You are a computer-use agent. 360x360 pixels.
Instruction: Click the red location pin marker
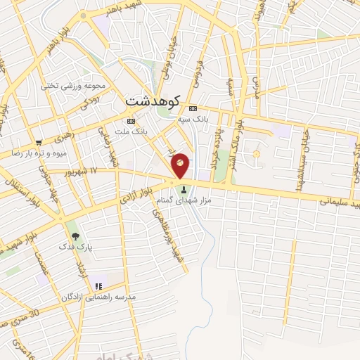[180, 164]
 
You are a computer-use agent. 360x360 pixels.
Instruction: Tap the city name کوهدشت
[153, 101]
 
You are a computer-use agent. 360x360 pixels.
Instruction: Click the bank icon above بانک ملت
[130, 120]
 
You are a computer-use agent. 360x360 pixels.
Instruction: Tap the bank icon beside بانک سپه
[193, 108]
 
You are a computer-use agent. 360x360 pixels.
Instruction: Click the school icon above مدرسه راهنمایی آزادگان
[98, 286]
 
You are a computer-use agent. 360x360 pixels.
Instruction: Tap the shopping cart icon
[39, 141]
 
